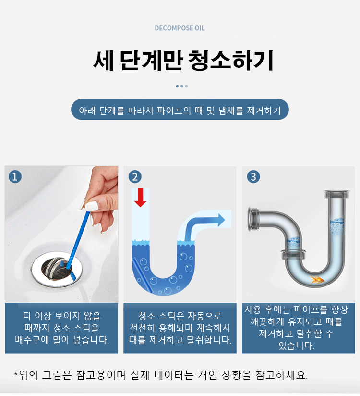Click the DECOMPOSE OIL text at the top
pyautogui.click(x=180, y=28)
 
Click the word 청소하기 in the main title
pyautogui.click(x=231, y=61)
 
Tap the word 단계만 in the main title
pyautogui.click(x=151, y=61)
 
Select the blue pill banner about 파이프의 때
pyautogui.click(x=180, y=110)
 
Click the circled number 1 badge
pyautogui.click(x=15, y=176)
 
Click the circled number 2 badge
pyautogui.click(x=135, y=176)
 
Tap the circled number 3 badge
pyautogui.click(x=253, y=176)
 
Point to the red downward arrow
pyautogui.click(x=140, y=198)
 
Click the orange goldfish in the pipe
pyautogui.click(x=317, y=280)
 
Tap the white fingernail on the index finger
pyautogui.click(x=91, y=206)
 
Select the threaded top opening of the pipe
pyautogui.click(x=337, y=195)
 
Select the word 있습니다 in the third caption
pyautogui.click(x=296, y=346)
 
